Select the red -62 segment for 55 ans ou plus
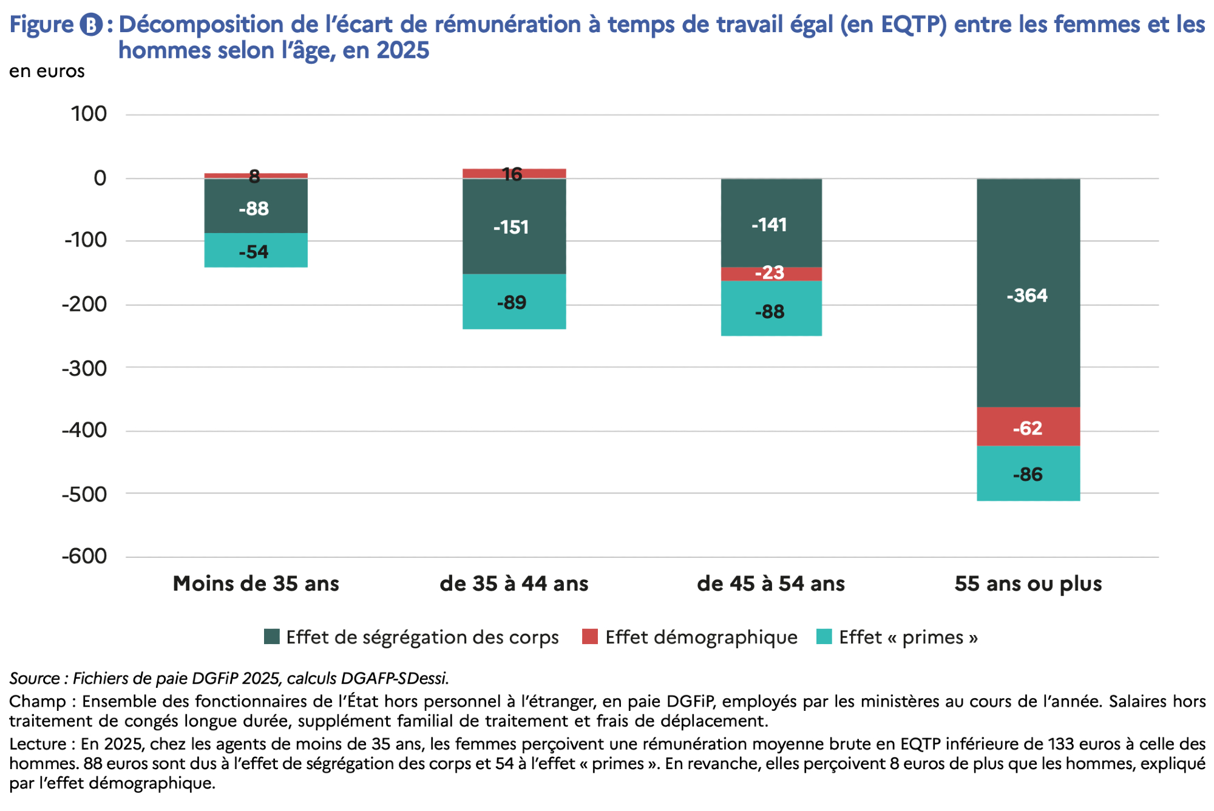1028,427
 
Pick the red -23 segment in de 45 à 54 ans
771,274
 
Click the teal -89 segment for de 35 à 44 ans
514,302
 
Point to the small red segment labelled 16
514,174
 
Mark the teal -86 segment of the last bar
1028,473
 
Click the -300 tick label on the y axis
84,368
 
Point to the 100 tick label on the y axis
89,114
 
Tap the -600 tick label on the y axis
84,556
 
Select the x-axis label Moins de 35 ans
256,583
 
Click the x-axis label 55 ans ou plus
1028,583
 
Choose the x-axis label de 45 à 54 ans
771,583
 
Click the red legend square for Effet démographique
589,637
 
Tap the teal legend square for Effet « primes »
824,637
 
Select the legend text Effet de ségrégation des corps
422,637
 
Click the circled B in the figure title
91,25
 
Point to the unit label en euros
47,71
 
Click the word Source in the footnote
34,678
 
